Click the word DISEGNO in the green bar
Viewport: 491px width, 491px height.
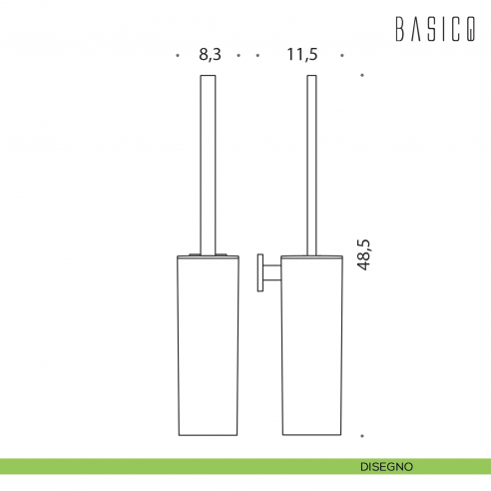click(388, 466)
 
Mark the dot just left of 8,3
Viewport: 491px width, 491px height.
click(176, 56)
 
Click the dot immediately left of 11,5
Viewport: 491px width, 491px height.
click(257, 56)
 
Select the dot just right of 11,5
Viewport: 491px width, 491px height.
click(342, 56)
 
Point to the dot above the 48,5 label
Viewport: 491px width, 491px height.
click(361, 75)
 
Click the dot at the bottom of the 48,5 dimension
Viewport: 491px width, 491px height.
click(361, 436)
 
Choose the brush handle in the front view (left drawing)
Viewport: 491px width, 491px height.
click(210, 160)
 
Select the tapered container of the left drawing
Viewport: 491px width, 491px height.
click(210, 344)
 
